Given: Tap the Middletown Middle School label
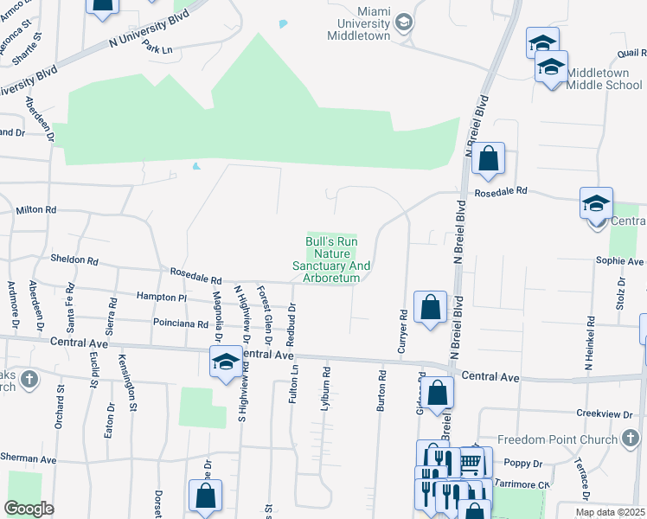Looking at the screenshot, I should [x=605, y=79].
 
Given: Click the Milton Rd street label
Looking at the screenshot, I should [x=36, y=210].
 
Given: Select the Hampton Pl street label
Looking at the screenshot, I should [x=161, y=297].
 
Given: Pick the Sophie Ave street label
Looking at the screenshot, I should [x=620, y=260].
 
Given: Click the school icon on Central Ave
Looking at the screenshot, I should [x=225, y=361].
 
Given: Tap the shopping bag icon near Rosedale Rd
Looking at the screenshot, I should [x=488, y=158].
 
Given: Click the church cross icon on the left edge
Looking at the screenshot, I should [x=29, y=378].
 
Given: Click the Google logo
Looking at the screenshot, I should [x=29, y=509].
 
